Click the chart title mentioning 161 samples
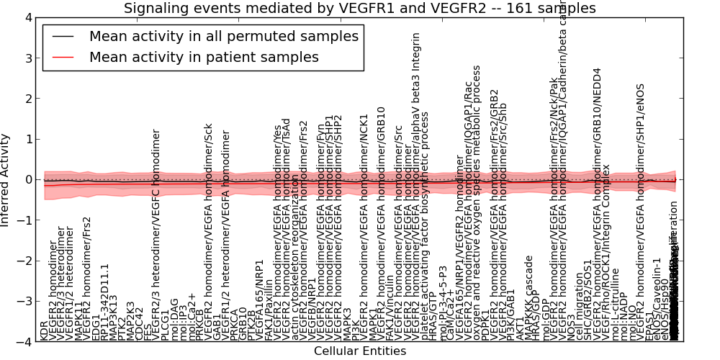pyautogui.click(x=359, y=9)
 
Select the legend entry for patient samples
pyautogui.click(x=204, y=57)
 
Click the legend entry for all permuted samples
pyautogui.click(x=223, y=36)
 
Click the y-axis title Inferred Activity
pyautogui.click(x=6, y=179)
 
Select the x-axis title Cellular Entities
pyautogui.click(x=359, y=351)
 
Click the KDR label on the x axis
pyautogui.click(x=44, y=330)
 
